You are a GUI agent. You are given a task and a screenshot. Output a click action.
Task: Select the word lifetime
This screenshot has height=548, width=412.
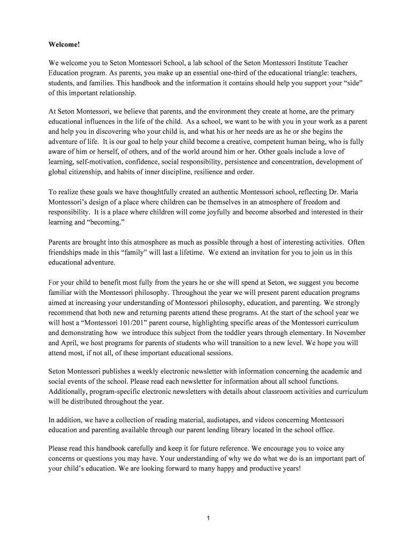tap(187, 253)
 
